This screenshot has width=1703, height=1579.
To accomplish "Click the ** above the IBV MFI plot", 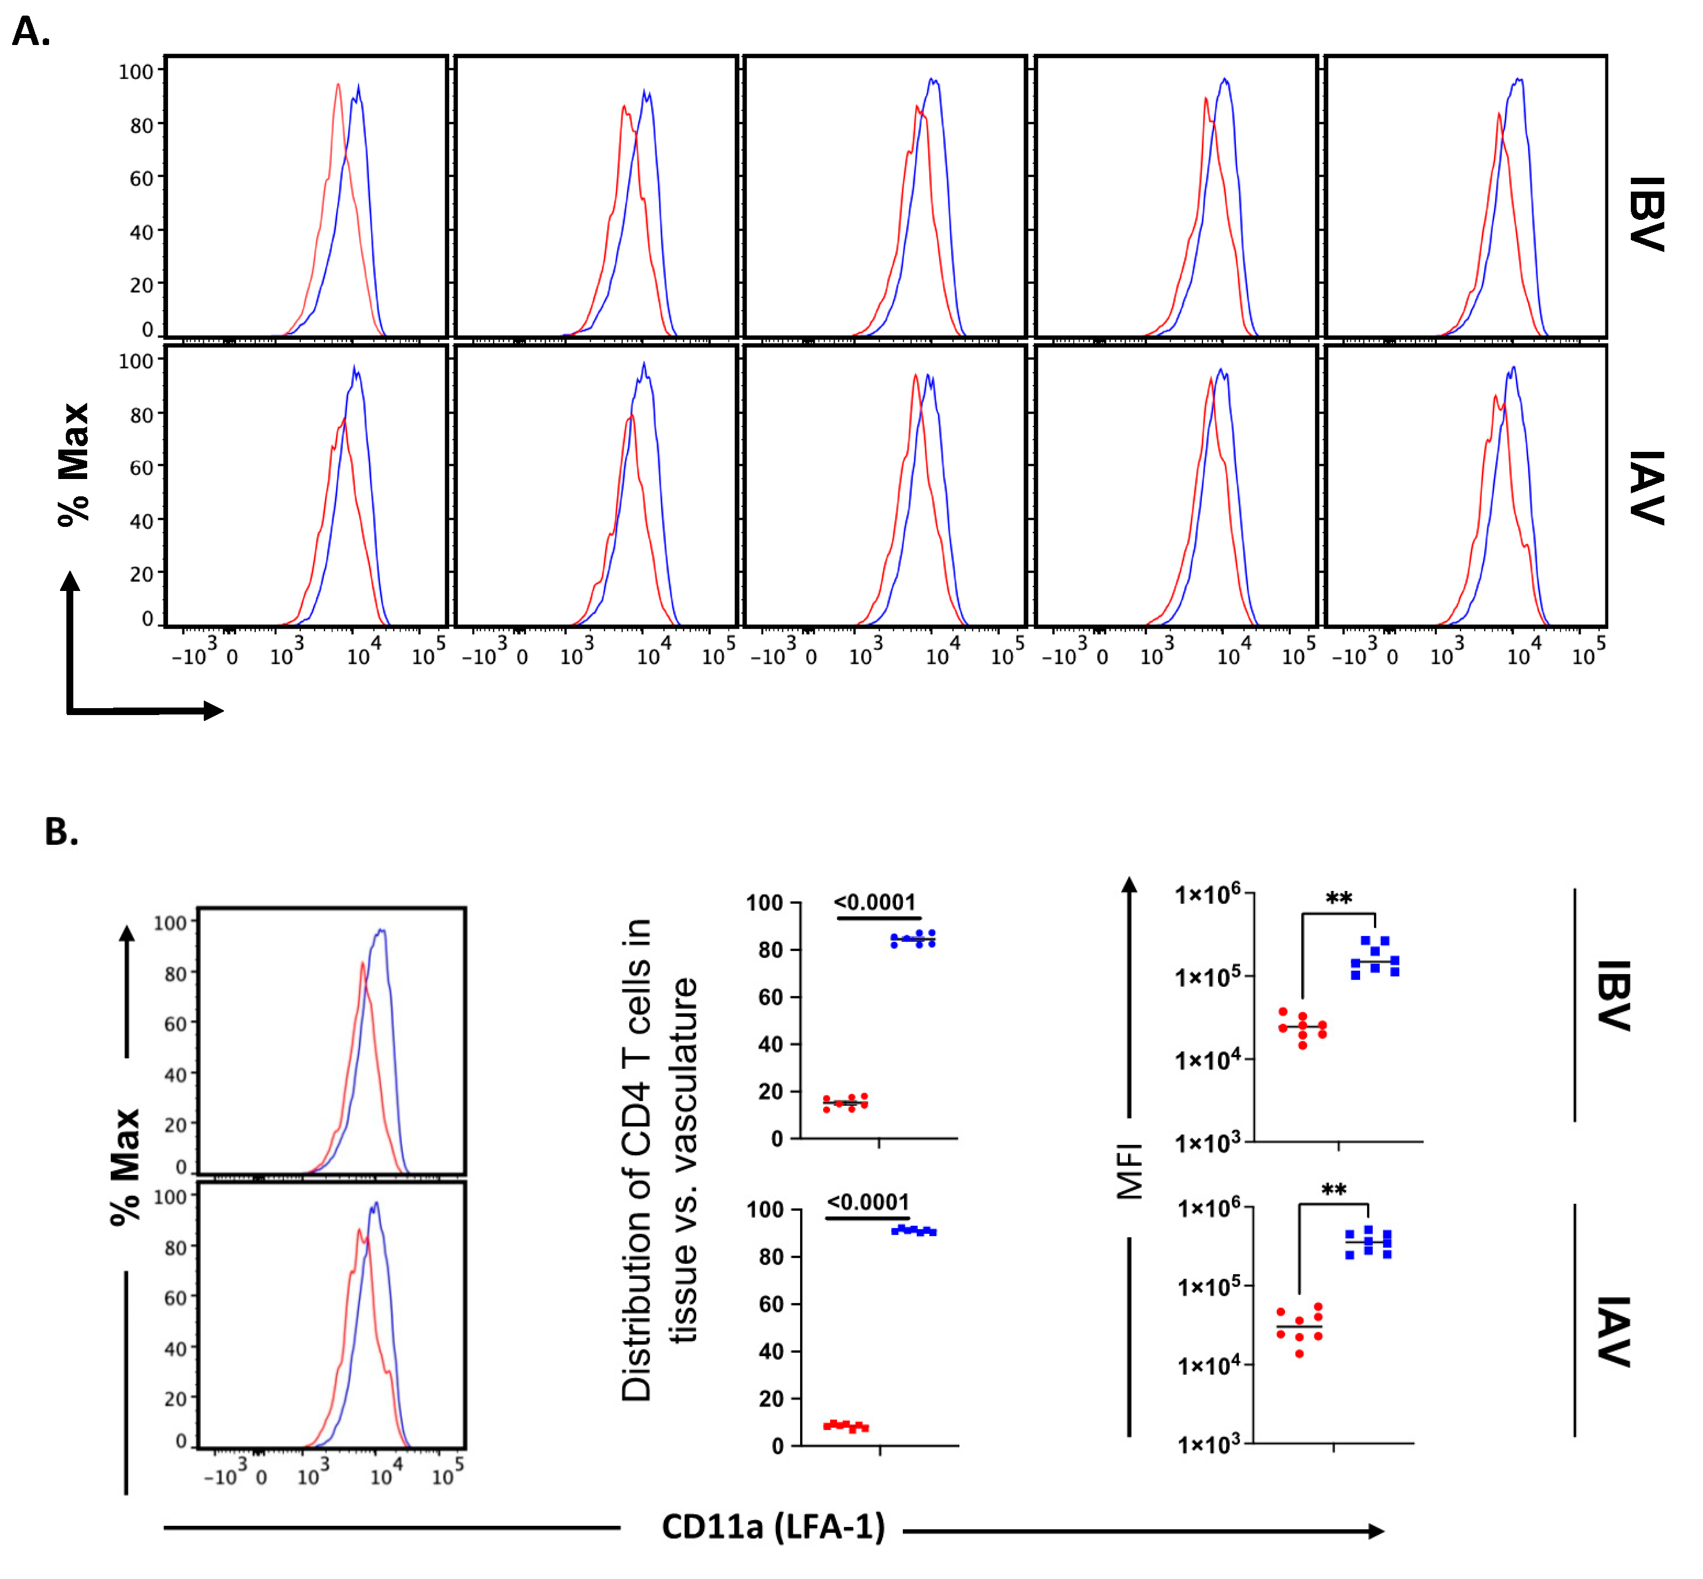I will point(1338,899).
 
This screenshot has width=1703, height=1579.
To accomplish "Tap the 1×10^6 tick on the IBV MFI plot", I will point(1207,895).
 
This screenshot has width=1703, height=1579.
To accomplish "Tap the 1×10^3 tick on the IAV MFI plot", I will point(1208,1444).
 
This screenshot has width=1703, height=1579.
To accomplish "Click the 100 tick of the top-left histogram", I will point(135,72).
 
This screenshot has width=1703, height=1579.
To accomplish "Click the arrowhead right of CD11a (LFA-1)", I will point(1376,1531).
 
